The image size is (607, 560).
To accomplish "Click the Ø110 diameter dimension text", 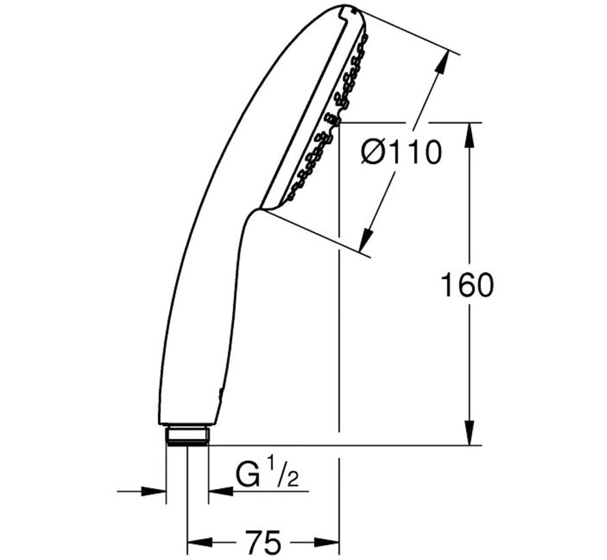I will (401, 153).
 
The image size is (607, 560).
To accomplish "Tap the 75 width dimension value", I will (263, 543).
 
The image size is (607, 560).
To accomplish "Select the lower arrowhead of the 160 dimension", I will (469, 434).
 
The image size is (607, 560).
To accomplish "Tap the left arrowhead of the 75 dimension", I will (198, 544).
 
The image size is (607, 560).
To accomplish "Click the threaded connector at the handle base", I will (187, 435).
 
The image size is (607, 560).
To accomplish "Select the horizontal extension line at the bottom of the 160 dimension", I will (341, 445).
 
